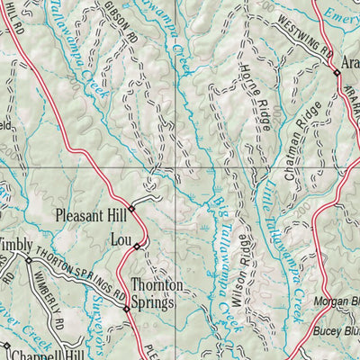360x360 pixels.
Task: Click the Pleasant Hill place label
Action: pos(90,216)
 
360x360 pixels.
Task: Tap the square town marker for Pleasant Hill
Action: pos(131,209)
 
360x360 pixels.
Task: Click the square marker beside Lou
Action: pos(137,246)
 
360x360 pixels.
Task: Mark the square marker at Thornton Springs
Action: pos(126,309)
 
